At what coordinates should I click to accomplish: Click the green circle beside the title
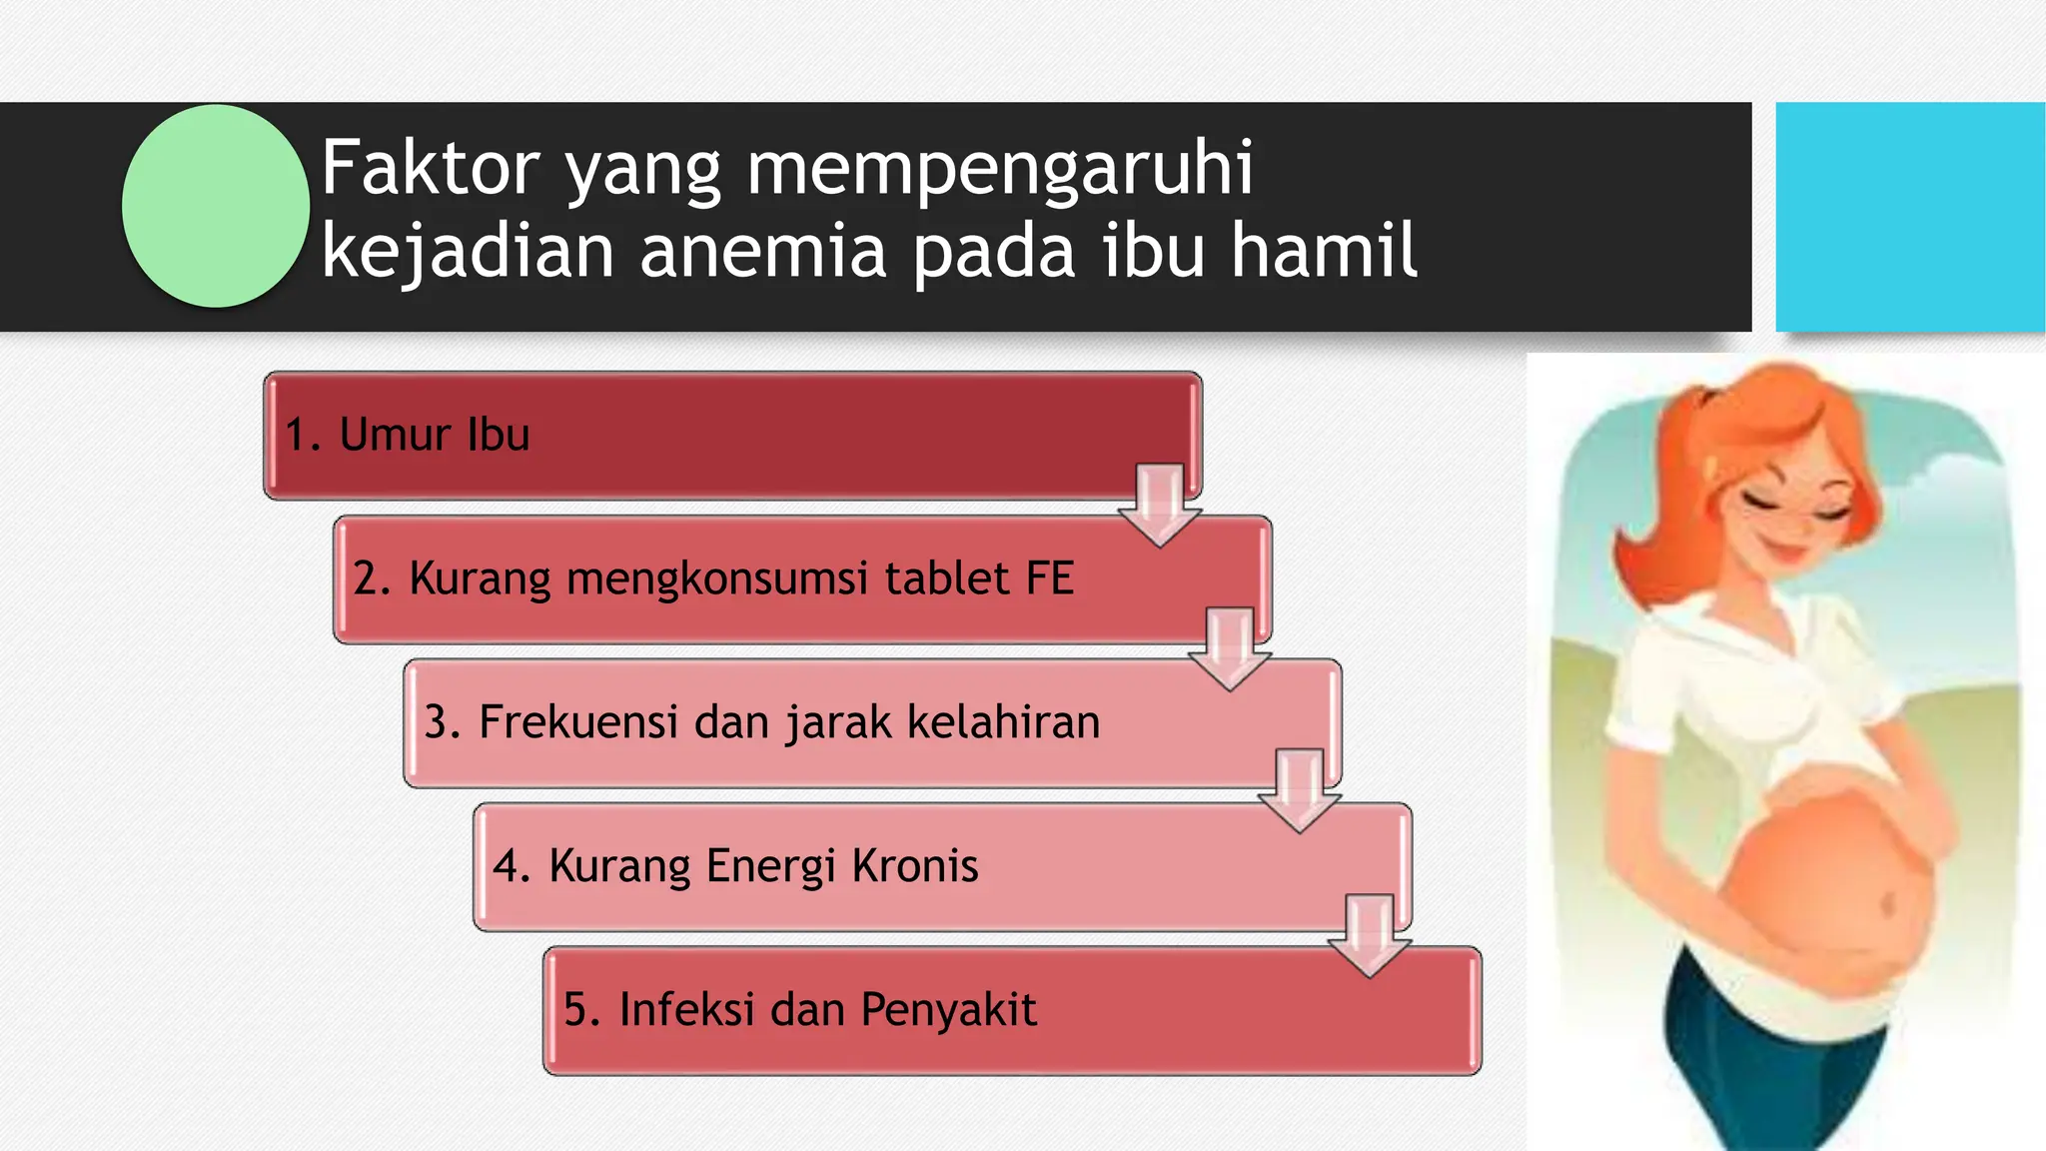click(215, 206)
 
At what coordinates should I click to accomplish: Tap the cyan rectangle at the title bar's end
click(1909, 216)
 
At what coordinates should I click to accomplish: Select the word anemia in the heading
click(763, 251)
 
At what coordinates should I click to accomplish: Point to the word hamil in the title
click(1323, 251)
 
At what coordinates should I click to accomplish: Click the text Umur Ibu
click(434, 435)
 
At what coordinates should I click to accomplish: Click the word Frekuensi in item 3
click(578, 721)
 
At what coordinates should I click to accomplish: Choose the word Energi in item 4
click(770, 865)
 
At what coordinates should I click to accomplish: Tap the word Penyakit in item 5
click(948, 1009)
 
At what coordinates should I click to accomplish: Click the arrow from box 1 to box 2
click(1159, 505)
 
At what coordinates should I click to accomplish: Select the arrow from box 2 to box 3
click(1229, 648)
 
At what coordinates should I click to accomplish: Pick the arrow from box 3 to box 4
click(1299, 791)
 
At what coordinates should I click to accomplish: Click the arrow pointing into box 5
click(1369, 935)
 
